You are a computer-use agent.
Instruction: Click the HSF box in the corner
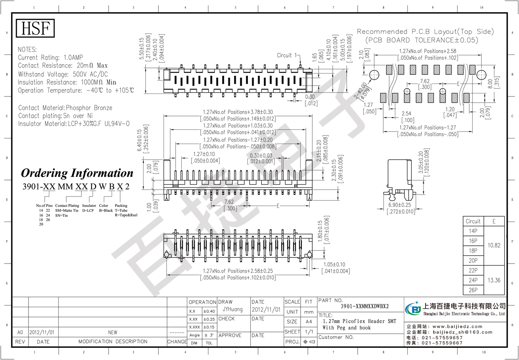36,29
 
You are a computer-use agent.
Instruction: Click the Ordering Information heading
77,173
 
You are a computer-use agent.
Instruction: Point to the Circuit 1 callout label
287,55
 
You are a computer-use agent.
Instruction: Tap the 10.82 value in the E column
494,245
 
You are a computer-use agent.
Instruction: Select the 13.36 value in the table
494,280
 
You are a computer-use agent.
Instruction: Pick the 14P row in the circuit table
473,231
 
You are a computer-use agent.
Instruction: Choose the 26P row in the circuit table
473,290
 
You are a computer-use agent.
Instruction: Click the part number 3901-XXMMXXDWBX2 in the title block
365,306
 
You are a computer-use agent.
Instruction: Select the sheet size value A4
308,321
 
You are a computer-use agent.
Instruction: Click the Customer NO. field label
336,337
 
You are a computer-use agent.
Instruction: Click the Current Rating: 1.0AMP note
51,58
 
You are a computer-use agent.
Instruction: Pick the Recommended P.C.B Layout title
425,32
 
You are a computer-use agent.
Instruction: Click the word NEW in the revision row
112,332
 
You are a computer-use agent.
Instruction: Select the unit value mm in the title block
308,312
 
